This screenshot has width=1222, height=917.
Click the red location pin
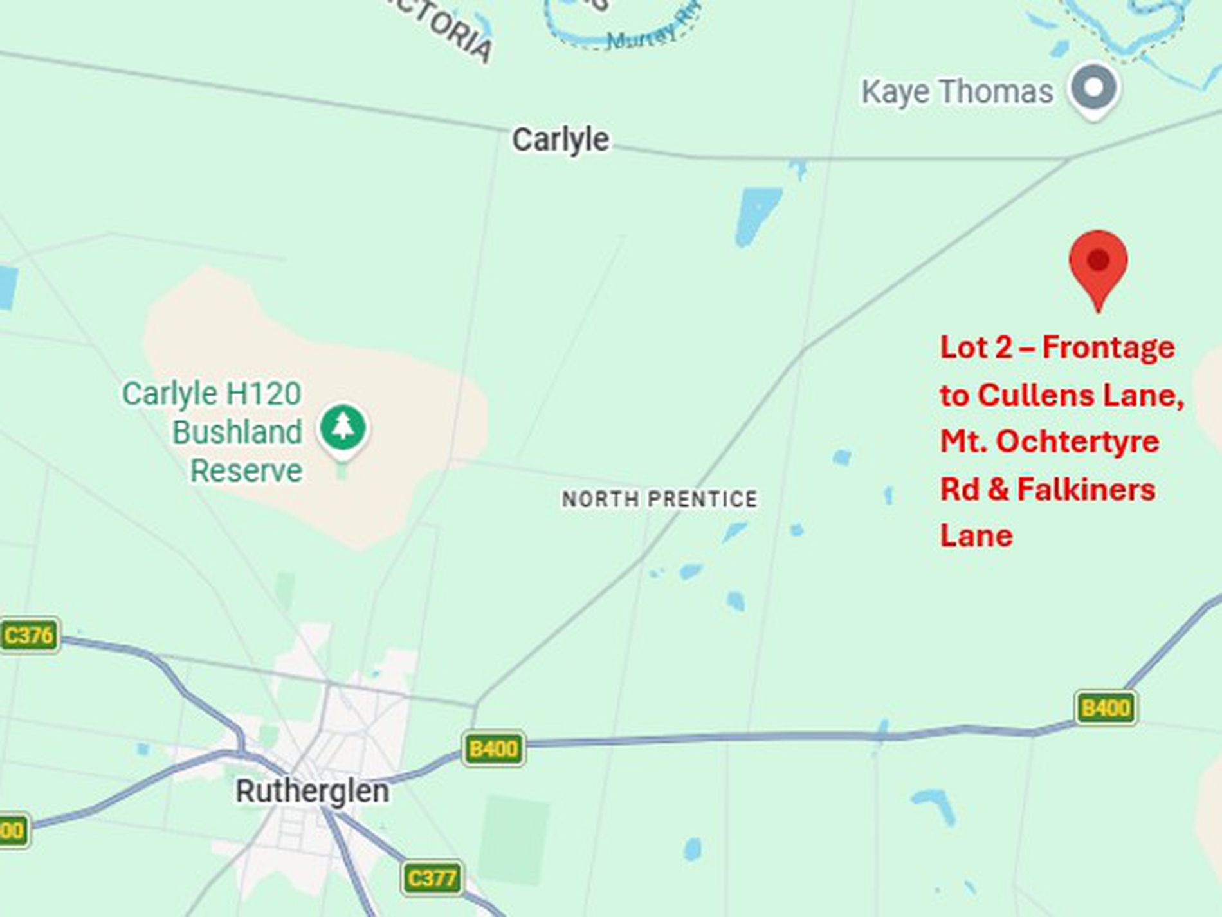tap(1098, 264)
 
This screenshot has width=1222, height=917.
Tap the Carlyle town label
tap(560, 140)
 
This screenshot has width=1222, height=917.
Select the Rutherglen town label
tap(313, 791)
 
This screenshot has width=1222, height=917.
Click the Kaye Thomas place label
tap(957, 91)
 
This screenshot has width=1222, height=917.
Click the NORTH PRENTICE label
tap(660, 499)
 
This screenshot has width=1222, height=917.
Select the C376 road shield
tap(29, 636)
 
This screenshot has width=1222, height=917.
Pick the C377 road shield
tap(432, 878)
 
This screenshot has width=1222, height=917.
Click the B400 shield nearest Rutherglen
tap(493, 748)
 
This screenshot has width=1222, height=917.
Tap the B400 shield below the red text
tap(1106, 708)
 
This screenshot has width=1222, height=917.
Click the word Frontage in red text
tap(1108, 347)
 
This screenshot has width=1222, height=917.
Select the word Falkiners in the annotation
tap(1086, 489)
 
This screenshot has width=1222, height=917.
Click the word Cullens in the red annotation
tap(1036, 395)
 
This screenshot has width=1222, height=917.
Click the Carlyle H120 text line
tap(212, 393)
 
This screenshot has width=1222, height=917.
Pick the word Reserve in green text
tap(246, 470)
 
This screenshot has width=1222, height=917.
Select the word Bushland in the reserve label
tap(237, 432)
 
